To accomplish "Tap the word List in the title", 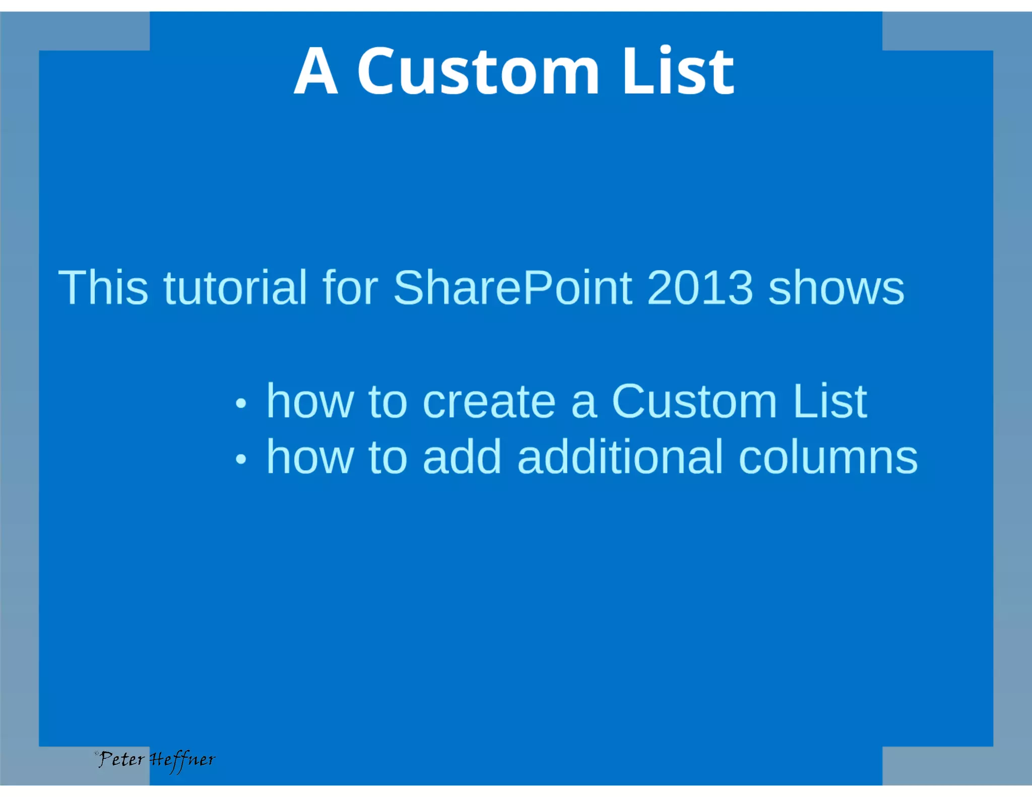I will [x=678, y=72].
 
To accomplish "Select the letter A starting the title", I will [x=315, y=72].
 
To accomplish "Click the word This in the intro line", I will [x=103, y=288].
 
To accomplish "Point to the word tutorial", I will [x=235, y=288].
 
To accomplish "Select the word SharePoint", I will [x=512, y=288].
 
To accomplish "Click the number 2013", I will [x=700, y=288].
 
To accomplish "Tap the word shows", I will [x=836, y=289].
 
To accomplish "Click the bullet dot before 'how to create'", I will [x=241, y=403].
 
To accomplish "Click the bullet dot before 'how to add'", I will [x=241, y=458].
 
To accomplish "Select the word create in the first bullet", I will [x=489, y=402].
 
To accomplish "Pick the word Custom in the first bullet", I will [x=694, y=402].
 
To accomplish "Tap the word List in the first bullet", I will [x=829, y=402].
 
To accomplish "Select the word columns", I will [x=828, y=457].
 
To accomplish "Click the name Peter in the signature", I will [x=121, y=759].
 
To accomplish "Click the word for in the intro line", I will [x=350, y=288].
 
